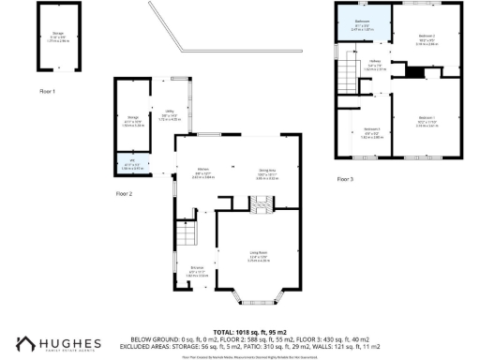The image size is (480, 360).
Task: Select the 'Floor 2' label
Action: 124,194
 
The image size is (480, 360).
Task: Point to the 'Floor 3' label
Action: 346,178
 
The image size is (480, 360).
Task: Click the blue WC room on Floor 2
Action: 130,166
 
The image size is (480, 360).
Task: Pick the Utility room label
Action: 170,116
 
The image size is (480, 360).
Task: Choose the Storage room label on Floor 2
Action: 132,120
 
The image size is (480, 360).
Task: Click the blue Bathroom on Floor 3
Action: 362,26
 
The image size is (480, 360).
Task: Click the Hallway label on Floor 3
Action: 375,67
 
